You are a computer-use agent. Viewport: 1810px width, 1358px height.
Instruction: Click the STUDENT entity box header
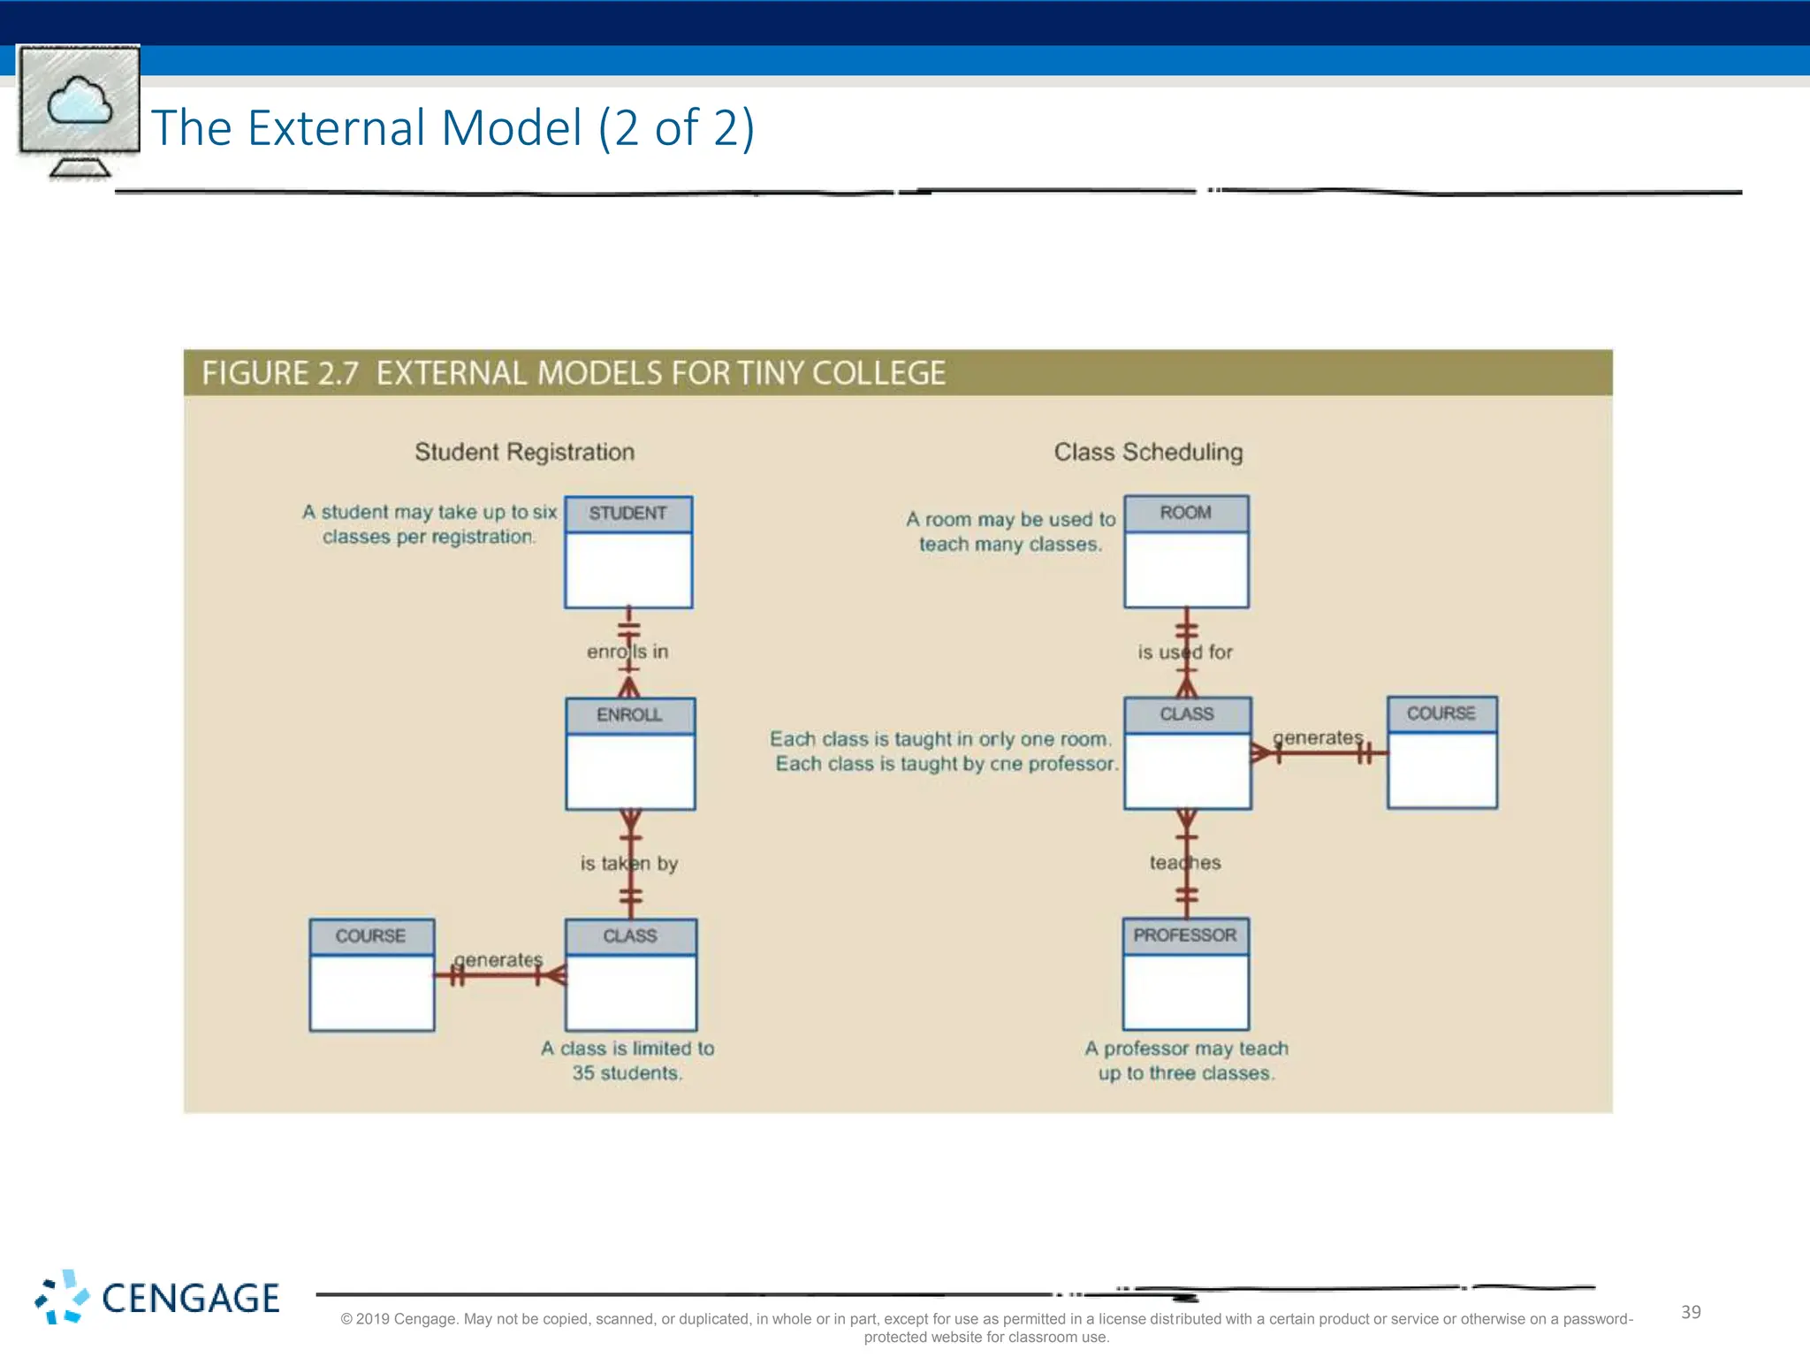[x=627, y=514]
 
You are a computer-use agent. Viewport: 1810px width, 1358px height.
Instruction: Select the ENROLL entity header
[x=629, y=715]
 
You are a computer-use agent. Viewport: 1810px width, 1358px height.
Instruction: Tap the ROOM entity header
[x=1185, y=513]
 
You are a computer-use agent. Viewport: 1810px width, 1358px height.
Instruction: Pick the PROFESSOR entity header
[x=1185, y=935]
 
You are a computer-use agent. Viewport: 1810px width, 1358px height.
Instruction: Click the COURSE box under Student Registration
[x=371, y=974]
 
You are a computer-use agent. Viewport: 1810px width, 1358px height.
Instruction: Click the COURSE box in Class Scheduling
[x=1441, y=752]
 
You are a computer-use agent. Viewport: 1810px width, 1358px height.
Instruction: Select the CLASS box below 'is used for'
[x=1187, y=752]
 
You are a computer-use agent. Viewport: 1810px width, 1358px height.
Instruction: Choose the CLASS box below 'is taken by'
[x=630, y=974]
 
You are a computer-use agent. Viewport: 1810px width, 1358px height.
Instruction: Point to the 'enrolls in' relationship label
[x=627, y=652]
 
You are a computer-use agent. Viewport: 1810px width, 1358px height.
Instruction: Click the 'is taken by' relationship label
[x=628, y=863]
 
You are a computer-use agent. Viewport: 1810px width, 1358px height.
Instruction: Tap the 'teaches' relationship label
[x=1184, y=862]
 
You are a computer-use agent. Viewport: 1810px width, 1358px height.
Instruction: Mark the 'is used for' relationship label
[x=1184, y=652]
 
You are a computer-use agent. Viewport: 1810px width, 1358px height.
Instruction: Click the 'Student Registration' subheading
[x=524, y=452]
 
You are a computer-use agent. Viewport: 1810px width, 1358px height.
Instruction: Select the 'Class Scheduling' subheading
[x=1148, y=452]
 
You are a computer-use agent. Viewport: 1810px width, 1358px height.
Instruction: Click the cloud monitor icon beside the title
[x=80, y=111]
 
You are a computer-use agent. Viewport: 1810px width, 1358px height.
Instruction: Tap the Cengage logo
[x=157, y=1298]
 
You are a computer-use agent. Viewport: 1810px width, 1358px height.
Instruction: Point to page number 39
[x=1690, y=1312]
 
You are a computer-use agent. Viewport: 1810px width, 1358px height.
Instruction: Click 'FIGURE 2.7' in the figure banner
[x=280, y=373]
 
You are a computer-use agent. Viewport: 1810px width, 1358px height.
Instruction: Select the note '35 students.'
[x=627, y=1073]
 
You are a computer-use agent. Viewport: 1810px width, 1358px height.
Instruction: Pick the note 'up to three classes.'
[x=1186, y=1073]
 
